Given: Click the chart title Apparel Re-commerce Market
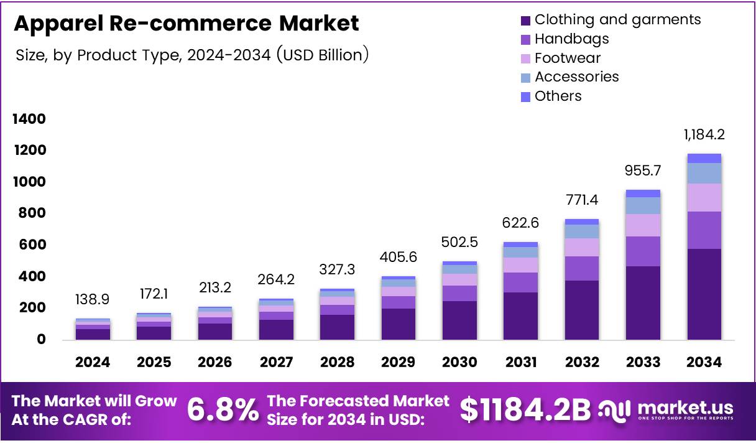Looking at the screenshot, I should pos(186,24).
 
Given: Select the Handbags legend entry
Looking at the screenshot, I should pos(571,39).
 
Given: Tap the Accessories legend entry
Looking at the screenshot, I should pos(576,77).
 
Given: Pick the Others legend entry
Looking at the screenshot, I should pos(558,96).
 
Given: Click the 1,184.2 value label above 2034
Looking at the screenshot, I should pos(704,134).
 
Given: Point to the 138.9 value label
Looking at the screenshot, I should pos(92,299).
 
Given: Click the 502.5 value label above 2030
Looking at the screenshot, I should pos(459,241).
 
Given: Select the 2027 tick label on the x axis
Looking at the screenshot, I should pos(276,362).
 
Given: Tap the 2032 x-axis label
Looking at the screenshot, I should pos(582,362).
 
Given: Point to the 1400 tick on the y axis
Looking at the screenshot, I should pos(29,119).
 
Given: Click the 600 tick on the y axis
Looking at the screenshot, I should pos(32,245).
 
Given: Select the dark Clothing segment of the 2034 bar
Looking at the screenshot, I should pos(704,294).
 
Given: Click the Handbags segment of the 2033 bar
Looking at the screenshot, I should pos(643,251).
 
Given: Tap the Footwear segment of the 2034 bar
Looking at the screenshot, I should pos(704,197).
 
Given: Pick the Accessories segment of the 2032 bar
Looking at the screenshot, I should pos(582,231).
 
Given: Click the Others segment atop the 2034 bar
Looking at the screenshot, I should pos(704,158).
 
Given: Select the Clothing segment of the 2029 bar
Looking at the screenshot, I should pos(398,324).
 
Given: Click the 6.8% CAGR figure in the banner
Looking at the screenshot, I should pos(223,409).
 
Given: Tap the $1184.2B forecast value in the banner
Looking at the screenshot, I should pos(525,409).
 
